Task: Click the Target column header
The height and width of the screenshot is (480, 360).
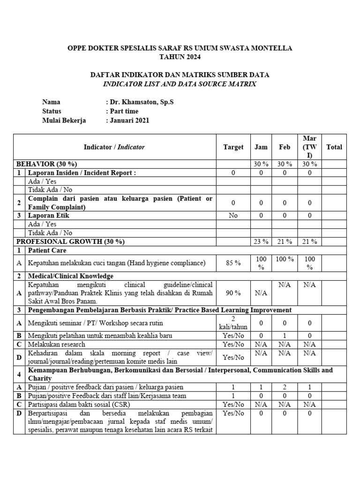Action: (x=233, y=147)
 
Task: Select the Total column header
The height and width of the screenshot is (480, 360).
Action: (x=334, y=147)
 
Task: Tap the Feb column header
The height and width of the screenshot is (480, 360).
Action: (x=285, y=147)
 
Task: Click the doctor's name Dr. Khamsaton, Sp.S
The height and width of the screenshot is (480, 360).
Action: (x=141, y=102)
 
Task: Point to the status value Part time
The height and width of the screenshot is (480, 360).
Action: (x=124, y=111)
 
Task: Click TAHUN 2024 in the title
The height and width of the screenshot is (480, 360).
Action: (x=180, y=57)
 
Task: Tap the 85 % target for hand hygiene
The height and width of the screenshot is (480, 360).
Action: (x=233, y=263)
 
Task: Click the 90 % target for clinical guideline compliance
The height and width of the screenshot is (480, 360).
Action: (x=233, y=292)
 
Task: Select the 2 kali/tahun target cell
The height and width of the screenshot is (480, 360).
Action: (x=233, y=322)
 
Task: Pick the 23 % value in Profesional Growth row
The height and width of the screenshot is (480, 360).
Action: (x=261, y=241)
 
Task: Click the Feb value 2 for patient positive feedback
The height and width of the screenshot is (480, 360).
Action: (x=285, y=387)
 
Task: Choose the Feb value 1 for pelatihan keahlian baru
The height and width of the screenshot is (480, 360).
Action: (x=285, y=336)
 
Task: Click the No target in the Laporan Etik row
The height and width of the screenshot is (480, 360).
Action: (x=233, y=215)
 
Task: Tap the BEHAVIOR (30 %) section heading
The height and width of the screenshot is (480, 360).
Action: (x=47, y=164)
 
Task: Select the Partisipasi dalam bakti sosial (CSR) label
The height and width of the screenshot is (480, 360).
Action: (x=79, y=404)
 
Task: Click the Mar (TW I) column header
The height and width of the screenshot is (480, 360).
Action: (x=309, y=147)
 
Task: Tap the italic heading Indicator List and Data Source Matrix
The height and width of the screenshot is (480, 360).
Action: (x=180, y=84)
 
